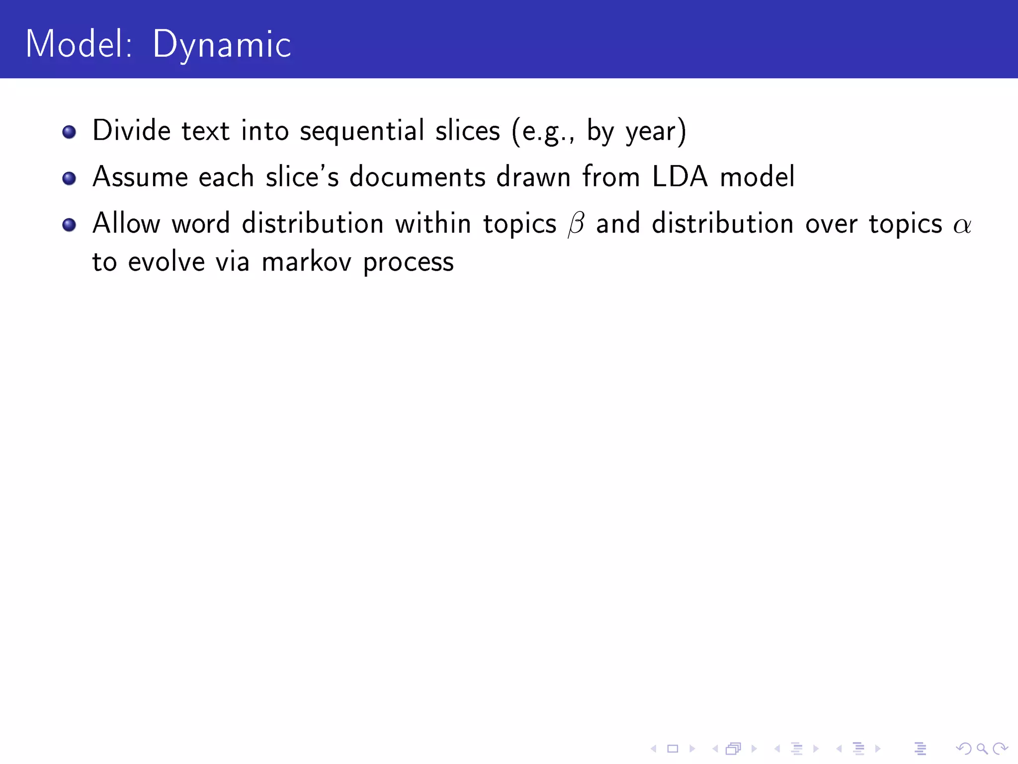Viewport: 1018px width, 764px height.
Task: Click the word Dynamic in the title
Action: (221, 45)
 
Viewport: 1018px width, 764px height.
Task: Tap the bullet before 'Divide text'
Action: (69, 132)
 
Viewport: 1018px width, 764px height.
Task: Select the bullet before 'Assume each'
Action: (69, 178)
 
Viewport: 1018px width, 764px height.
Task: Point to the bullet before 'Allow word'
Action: (69, 224)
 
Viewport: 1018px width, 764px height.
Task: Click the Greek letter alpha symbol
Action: (962, 225)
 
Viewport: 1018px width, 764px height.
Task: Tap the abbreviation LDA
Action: (679, 177)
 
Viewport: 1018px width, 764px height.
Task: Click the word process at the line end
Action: (408, 263)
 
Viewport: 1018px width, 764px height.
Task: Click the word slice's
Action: (302, 177)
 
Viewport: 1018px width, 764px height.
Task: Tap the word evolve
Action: (166, 262)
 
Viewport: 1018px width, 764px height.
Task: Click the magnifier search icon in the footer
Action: (982, 749)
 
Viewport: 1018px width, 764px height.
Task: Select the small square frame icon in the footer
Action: (673, 749)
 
